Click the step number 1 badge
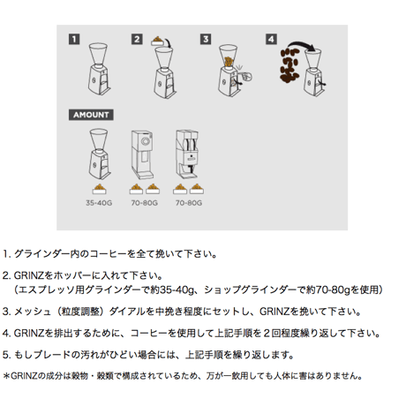[x=74, y=39]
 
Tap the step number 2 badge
[x=137, y=39]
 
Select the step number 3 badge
[x=206, y=39]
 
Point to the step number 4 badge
[x=271, y=39]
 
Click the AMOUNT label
[x=91, y=115]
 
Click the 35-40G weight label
[x=99, y=203]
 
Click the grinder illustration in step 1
[x=100, y=69]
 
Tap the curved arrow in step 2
[x=167, y=42]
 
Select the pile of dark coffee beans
[x=289, y=65]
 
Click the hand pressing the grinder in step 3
[x=245, y=77]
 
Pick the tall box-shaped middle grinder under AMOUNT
[x=142, y=154]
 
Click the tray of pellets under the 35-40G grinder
[x=100, y=189]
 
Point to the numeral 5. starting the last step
[x=7, y=355]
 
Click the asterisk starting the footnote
[x=6, y=376]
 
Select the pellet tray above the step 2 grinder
[x=158, y=41]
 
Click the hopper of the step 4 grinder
[x=313, y=59]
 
